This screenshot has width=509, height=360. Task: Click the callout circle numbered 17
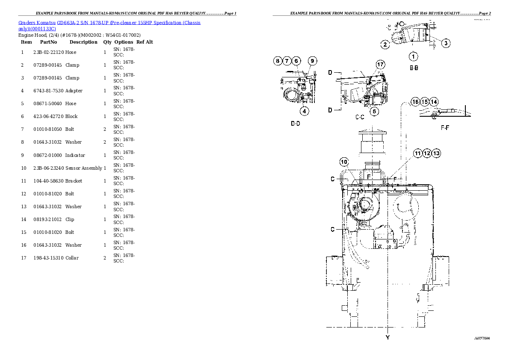click(380, 65)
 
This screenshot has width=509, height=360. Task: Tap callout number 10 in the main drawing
click(344, 162)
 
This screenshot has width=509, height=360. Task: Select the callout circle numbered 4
click(304, 112)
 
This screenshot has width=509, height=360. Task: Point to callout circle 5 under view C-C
click(374, 112)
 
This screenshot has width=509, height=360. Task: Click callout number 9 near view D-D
click(313, 61)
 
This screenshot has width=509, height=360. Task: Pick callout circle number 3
click(445, 43)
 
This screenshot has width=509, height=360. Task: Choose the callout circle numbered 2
click(385, 44)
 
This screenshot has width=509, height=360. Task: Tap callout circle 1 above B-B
click(413, 56)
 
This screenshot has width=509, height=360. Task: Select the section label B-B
click(414, 68)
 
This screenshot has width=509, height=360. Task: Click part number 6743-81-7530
click(48, 91)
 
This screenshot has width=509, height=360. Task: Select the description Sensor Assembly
click(83, 168)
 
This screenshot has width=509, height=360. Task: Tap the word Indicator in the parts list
click(75, 155)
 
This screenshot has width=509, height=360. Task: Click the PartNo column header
click(48, 42)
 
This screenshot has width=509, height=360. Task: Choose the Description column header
click(83, 42)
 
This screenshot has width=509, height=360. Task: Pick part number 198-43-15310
click(48, 258)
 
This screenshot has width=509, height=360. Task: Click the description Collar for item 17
click(72, 258)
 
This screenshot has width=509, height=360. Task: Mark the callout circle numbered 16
click(415, 102)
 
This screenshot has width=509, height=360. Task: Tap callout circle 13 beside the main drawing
click(436, 153)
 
